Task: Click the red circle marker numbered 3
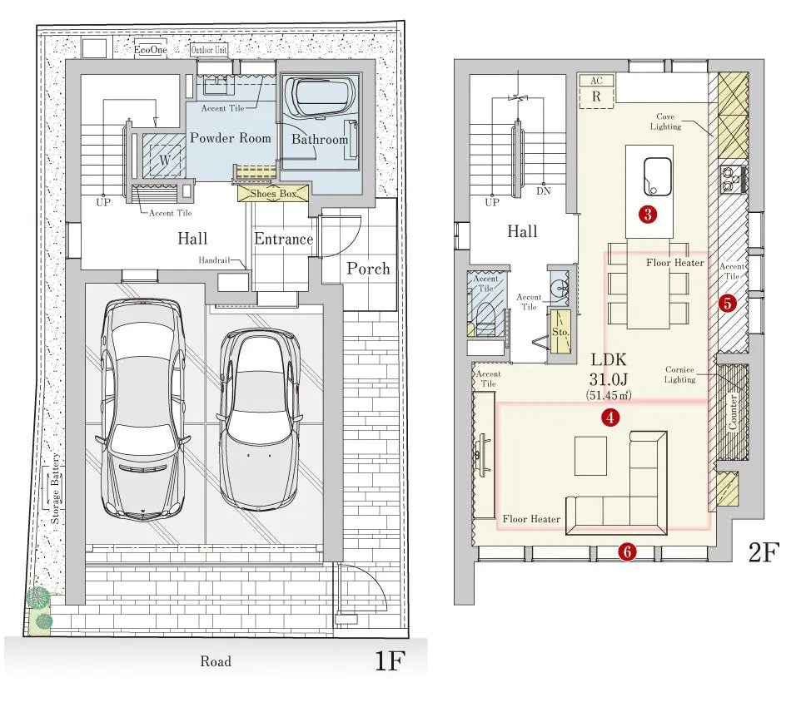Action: click(x=645, y=214)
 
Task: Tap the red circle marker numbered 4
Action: click(x=611, y=418)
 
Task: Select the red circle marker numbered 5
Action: click(x=728, y=304)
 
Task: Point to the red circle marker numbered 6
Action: click(x=628, y=551)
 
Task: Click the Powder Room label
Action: click(x=231, y=138)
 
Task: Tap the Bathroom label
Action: click(x=320, y=140)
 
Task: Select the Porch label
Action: click(x=368, y=269)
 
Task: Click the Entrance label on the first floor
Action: click(x=283, y=240)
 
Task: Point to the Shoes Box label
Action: click(x=273, y=194)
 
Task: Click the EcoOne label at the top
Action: click(x=152, y=50)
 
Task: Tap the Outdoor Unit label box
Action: click(x=210, y=50)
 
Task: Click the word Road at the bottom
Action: click(x=215, y=662)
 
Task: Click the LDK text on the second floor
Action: click(x=609, y=360)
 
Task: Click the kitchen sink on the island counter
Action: click(x=656, y=174)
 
